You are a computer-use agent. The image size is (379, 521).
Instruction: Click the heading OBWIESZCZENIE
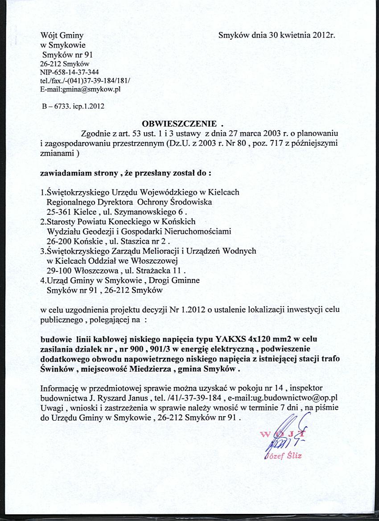(x=179, y=123)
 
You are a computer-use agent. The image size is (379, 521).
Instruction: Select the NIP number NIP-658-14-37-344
(x=70, y=72)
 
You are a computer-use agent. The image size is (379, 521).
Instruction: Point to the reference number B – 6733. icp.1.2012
(x=73, y=107)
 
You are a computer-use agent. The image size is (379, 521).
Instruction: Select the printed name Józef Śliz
(x=284, y=455)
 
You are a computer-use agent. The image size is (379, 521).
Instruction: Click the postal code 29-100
(x=60, y=270)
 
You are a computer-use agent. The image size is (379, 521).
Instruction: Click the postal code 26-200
(x=60, y=241)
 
